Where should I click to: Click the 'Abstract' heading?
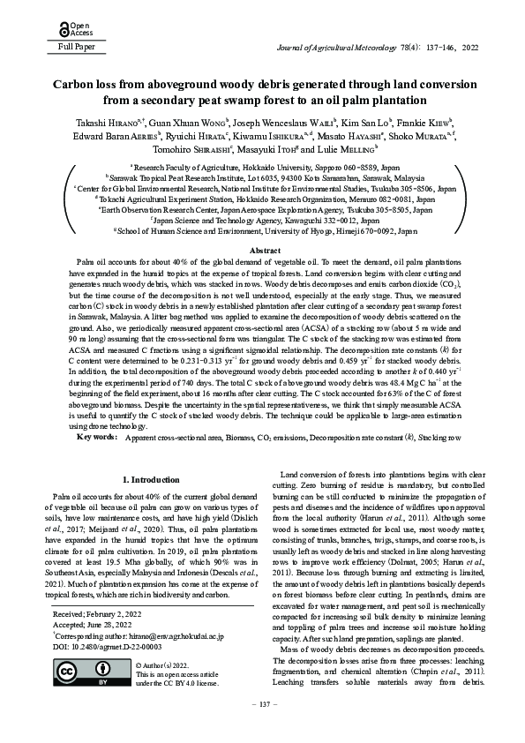[x=262, y=251]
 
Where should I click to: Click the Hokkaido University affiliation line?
[x=262, y=166]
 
